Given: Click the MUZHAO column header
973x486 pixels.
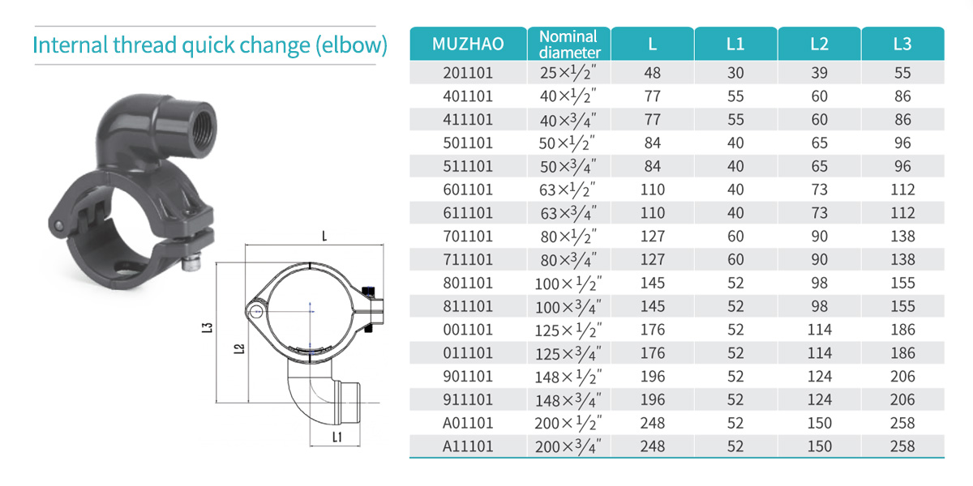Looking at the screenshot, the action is tap(468, 44).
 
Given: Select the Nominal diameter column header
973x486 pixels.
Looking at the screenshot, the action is tap(569, 45).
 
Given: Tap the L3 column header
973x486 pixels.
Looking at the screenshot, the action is tap(902, 44).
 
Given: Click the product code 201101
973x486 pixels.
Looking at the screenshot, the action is tap(468, 73).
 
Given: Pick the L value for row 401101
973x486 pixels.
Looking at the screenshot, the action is tap(653, 96).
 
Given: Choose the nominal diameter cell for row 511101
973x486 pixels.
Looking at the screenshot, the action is tap(568, 166).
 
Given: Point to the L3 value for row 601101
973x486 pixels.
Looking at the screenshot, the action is tap(902, 190).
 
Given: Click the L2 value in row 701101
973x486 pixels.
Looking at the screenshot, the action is tap(819, 237).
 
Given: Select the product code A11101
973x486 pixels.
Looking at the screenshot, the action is tap(468, 446).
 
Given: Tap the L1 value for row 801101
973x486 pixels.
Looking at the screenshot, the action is tap(735, 283).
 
